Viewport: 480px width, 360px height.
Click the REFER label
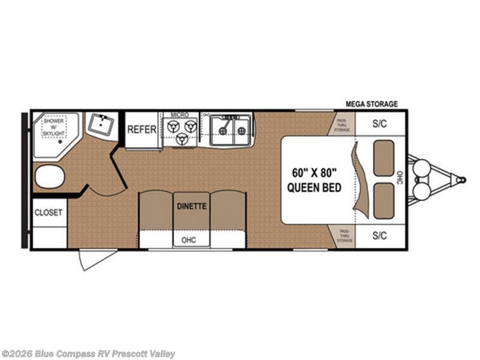[x=142, y=129]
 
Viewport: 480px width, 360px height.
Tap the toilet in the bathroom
[x=49, y=177]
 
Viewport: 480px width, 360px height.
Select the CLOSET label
[x=49, y=212]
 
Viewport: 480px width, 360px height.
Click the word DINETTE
[x=191, y=206]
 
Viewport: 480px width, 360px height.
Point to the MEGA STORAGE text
[x=371, y=104]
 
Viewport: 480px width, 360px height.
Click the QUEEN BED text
[x=314, y=188]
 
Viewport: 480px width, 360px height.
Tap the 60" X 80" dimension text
[x=314, y=172]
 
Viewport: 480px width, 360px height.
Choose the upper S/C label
[x=379, y=125]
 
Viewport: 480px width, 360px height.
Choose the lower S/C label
[x=379, y=236]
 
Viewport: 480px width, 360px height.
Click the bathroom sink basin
[x=100, y=125]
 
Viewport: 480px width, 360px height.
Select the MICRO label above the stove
[x=179, y=114]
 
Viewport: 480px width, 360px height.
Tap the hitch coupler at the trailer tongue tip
[x=461, y=179]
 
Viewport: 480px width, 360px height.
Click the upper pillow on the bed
[x=383, y=158]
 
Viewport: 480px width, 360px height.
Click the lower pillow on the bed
[x=383, y=200]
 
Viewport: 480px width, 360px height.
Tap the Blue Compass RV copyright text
[x=88, y=354]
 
